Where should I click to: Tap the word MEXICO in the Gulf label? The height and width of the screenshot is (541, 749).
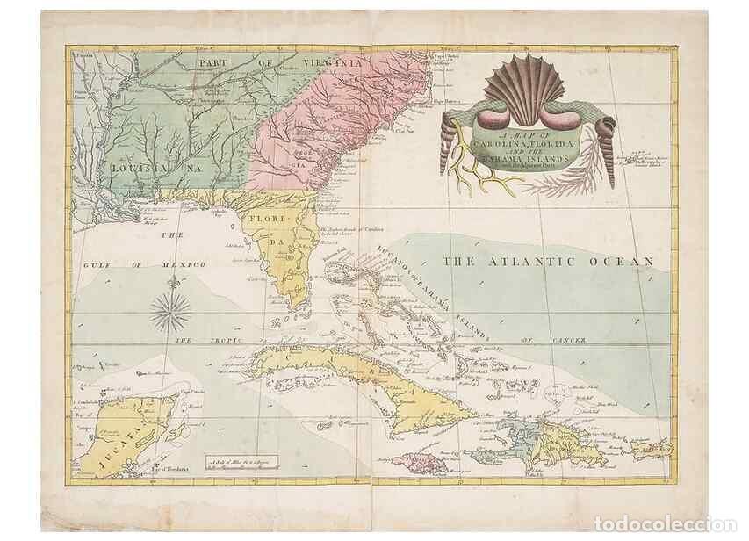point(184,264)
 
